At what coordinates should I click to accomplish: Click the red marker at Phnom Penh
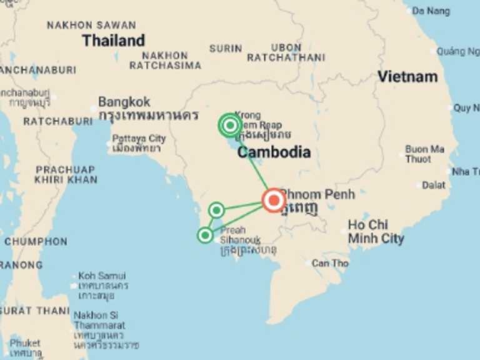click(x=274, y=201)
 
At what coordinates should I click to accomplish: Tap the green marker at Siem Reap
click(x=230, y=126)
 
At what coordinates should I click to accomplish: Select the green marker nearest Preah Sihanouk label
click(x=205, y=235)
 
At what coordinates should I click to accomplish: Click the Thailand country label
click(x=113, y=41)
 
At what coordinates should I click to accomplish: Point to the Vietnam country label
click(x=407, y=77)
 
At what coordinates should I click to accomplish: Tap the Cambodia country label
click(x=274, y=152)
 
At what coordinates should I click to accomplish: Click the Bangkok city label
click(x=124, y=101)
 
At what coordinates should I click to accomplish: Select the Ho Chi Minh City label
click(x=376, y=231)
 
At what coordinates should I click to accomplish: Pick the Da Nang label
click(x=448, y=11)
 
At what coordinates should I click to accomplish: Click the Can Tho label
click(x=330, y=263)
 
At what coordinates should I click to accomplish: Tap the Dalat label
click(x=433, y=185)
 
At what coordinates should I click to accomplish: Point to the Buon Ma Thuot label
click(x=424, y=154)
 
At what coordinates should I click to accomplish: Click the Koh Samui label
click(x=101, y=276)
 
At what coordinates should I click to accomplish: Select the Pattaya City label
click(x=139, y=138)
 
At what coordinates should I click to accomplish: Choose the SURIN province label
click(x=226, y=48)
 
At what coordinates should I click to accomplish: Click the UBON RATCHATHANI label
click(x=286, y=52)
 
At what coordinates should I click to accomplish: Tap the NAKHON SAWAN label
click(x=91, y=25)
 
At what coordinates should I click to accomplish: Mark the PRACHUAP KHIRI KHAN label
click(x=66, y=174)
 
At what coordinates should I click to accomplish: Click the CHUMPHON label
click(x=36, y=241)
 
